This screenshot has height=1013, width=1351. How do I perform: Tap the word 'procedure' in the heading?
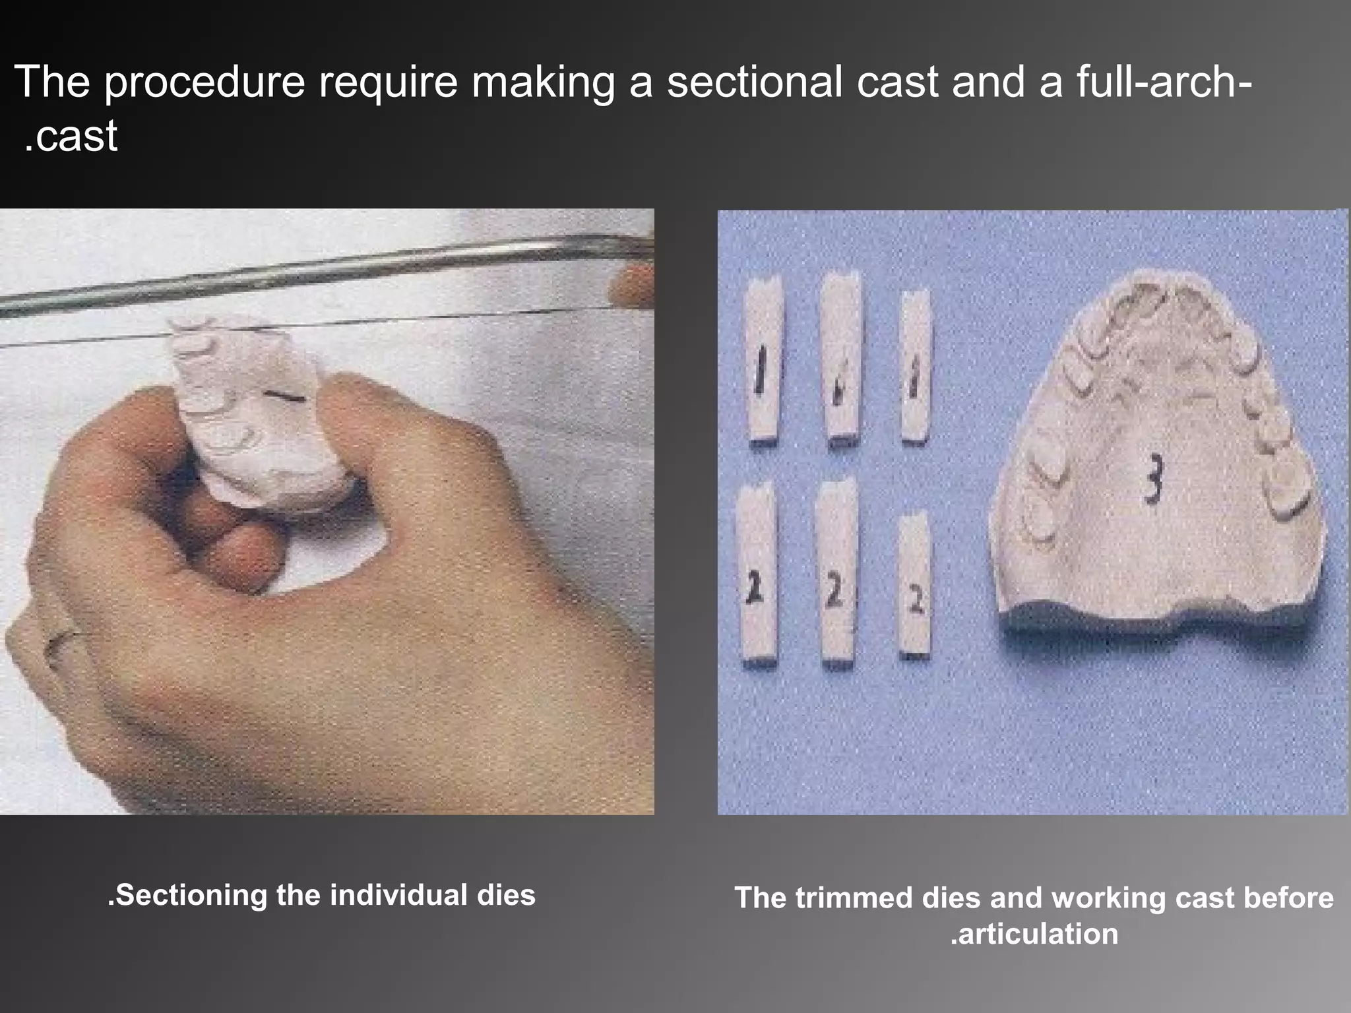point(204,83)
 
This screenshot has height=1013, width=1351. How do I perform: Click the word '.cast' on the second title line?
point(71,136)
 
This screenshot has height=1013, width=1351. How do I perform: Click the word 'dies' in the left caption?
point(509,895)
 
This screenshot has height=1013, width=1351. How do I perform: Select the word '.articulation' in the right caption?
point(1034,933)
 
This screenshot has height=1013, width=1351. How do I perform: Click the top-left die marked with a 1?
point(763,359)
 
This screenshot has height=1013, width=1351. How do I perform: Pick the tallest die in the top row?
point(839,356)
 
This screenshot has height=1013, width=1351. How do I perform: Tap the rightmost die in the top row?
point(915,366)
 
